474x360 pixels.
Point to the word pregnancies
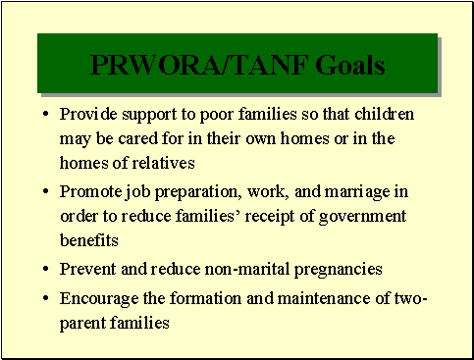(x=328, y=269)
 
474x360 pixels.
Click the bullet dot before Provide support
(x=46, y=115)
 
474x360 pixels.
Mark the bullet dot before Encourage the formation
(x=46, y=299)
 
